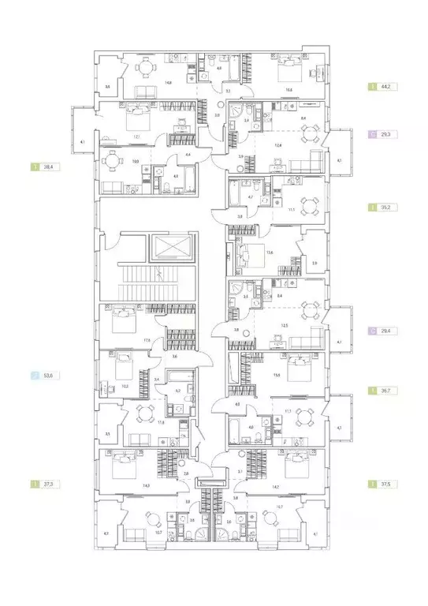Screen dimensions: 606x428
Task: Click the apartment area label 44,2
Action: [x=386, y=86]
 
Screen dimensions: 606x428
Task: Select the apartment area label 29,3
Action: [x=386, y=135]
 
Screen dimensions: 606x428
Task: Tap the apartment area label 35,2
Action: [x=386, y=208]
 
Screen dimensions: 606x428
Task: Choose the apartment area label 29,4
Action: [x=386, y=333]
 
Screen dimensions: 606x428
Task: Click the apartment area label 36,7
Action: [x=386, y=390]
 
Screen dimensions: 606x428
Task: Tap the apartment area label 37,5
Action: [x=386, y=484]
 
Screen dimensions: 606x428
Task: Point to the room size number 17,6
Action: [x=147, y=341]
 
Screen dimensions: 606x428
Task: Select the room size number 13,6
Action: [x=270, y=252]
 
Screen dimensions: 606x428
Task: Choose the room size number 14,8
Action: [x=167, y=82]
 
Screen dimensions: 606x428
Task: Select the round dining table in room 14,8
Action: [x=143, y=67]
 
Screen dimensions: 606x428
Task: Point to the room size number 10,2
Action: [x=125, y=387]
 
